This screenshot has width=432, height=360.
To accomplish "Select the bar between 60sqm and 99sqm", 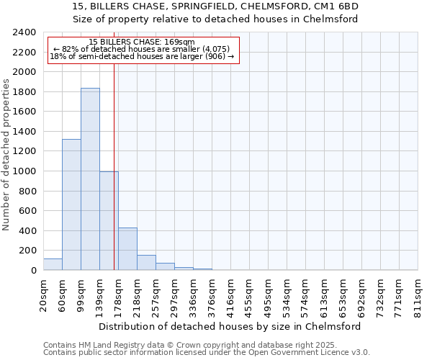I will click(71, 204).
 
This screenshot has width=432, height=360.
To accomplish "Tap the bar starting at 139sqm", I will click(109, 221).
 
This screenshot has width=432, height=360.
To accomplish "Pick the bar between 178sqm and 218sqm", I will click(127, 249).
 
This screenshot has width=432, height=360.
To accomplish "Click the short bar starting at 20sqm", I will click(53, 264).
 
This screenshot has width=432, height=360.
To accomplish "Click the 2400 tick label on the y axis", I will click(24, 32).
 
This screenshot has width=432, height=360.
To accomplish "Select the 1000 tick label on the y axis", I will click(24, 171).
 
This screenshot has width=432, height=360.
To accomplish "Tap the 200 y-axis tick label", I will click(27, 251).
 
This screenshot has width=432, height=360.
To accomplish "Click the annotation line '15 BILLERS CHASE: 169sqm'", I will click(142, 42).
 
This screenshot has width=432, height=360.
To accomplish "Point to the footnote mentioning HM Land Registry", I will click(201, 345).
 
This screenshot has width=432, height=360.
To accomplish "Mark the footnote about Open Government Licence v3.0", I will click(206, 353).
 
